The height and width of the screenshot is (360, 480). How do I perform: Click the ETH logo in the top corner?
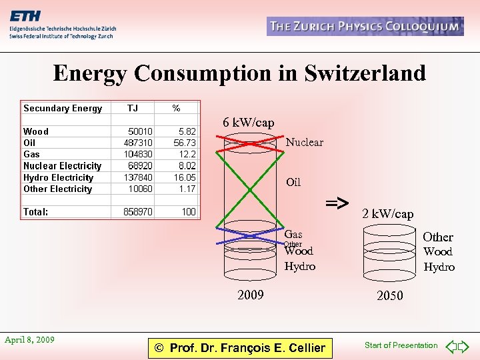click(25, 17)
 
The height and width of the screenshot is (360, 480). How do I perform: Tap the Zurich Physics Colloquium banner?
click(365, 27)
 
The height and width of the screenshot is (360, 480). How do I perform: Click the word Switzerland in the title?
click(365, 73)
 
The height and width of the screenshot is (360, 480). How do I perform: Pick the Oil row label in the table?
click(29, 143)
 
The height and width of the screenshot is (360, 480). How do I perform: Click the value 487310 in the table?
click(138, 143)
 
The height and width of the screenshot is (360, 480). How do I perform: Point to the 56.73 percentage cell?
click(185, 143)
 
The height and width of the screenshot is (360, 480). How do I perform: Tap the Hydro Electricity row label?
click(58, 177)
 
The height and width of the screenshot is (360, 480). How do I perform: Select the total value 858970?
click(138, 212)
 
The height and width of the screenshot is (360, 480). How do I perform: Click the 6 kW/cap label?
click(248, 123)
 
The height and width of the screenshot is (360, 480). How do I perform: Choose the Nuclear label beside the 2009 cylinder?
click(305, 142)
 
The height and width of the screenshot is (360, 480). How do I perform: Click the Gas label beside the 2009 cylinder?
click(293, 234)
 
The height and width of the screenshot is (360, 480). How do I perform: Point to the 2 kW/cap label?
click(387, 214)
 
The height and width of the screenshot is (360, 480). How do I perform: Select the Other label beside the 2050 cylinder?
click(438, 237)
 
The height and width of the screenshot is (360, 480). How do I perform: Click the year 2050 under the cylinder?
click(389, 295)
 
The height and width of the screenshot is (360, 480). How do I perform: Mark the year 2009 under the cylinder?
click(251, 295)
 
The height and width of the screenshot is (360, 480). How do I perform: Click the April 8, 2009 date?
click(29, 340)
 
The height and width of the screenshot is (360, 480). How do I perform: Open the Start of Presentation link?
click(401, 345)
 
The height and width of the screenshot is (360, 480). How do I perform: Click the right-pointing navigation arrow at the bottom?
click(465, 346)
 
